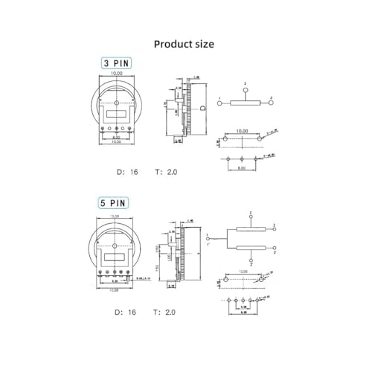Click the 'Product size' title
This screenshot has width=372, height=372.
[184, 44]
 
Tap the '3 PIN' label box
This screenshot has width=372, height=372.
[115, 63]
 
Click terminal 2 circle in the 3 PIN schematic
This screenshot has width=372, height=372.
[246, 89]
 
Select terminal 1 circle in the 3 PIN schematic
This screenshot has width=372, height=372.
[219, 103]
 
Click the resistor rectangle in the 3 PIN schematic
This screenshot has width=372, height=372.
[246, 103]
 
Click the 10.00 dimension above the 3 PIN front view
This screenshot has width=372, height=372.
[117, 74]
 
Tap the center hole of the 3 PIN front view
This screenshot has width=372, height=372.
[117, 101]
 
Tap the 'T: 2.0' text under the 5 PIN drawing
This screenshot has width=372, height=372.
[166, 312]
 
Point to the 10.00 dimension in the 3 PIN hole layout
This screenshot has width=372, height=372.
[242, 131]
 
